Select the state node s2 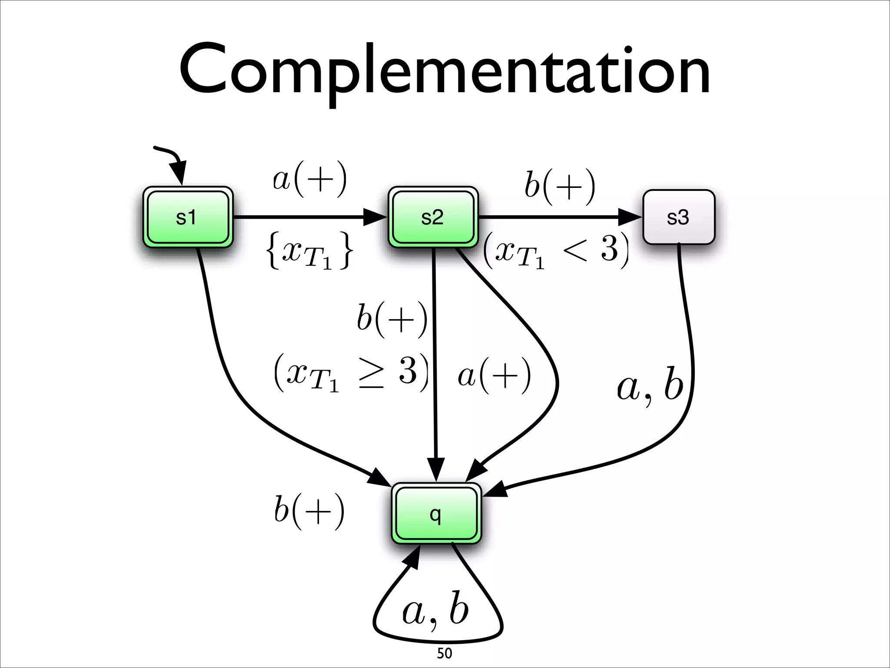pos(432,217)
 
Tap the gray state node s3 pos(678,217)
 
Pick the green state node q pos(436,514)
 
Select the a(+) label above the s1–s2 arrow pos(310,179)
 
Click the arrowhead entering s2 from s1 pos(375,217)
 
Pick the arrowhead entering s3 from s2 pos(630,217)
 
